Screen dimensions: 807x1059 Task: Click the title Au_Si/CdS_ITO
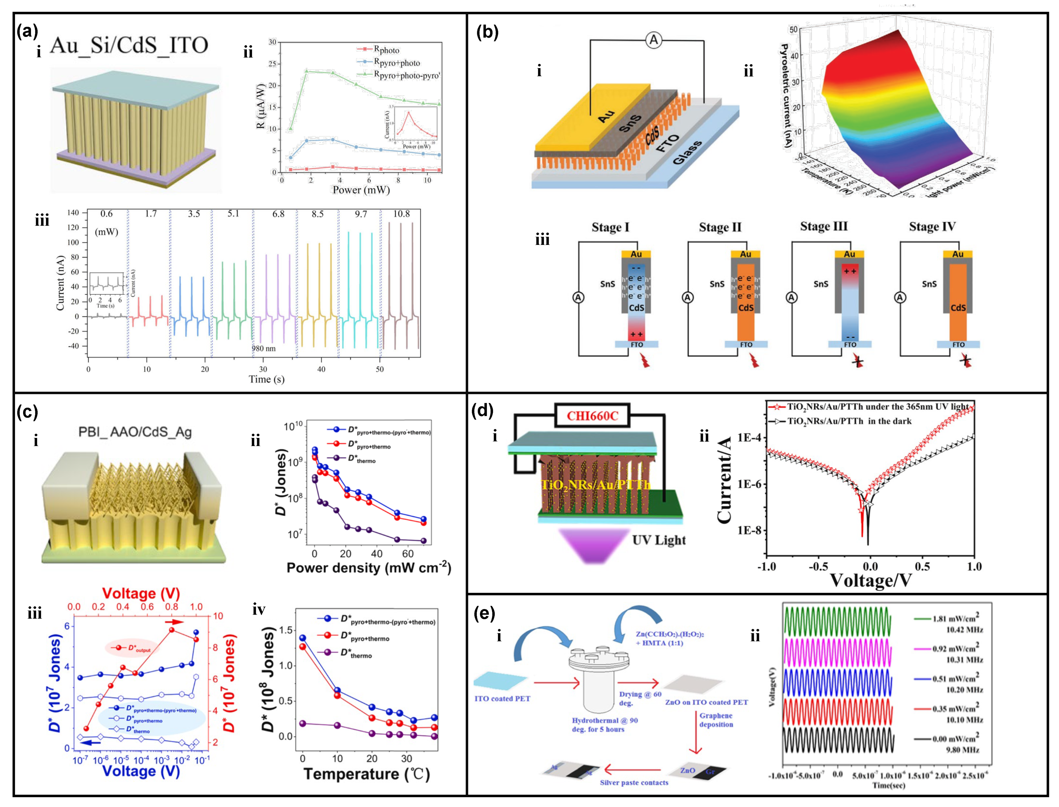pos(129,45)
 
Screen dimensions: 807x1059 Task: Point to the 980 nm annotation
pos(264,348)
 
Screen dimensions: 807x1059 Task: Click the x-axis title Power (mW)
pos(361,190)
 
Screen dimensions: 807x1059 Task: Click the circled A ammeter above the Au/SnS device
pos(653,40)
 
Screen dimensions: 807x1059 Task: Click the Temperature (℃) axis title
pos(366,774)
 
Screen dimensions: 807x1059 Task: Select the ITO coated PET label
pos(502,698)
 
